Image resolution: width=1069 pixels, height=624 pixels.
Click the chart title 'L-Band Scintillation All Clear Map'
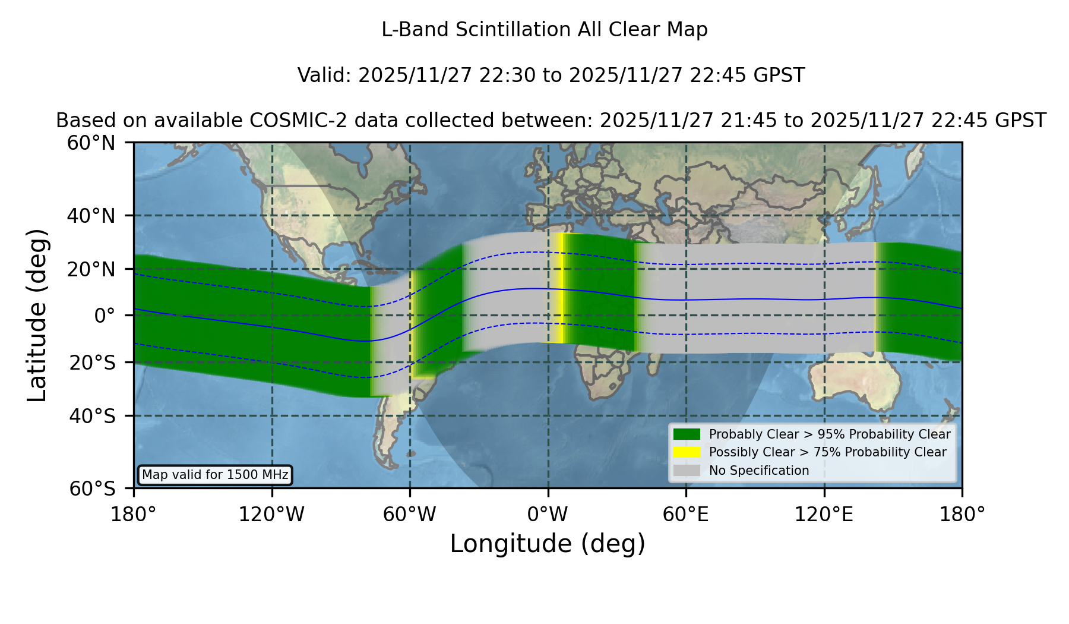tap(545, 30)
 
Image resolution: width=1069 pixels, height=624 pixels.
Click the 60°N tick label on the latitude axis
tap(91, 143)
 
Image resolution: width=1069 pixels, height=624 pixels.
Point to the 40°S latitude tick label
tap(93, 416)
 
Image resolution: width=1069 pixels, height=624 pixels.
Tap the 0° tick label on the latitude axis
tap(105, 315)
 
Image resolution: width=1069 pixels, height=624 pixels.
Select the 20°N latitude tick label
tap(91, 269)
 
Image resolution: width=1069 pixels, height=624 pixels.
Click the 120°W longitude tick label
tap(271, 514)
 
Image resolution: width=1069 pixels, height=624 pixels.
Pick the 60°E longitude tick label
tap(686, 514)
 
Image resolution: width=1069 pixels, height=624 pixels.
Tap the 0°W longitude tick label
tap(548, 514)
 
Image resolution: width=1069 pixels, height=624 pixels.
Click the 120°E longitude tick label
tap(824, 514)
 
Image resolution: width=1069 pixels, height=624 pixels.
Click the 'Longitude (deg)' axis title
tap(548, 544)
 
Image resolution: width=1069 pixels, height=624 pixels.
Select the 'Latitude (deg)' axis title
tap(37, 315)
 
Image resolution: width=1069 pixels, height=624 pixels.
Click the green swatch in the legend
tap(687, 434)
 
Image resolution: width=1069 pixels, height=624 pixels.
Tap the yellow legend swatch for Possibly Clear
tap(687, 452)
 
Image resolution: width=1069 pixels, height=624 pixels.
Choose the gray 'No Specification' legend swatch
tap(687, 471)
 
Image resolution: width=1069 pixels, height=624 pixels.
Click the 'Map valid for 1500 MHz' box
tap(215, 475)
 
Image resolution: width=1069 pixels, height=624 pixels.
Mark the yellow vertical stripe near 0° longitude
tap(559, 288)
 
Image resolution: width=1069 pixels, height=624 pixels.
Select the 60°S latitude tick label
tap(93, 489)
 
